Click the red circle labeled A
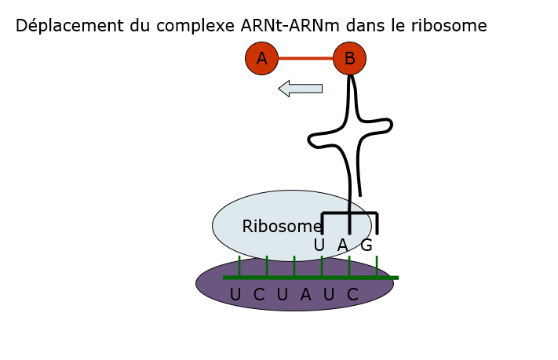pos(261,58)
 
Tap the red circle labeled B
pos(349,58)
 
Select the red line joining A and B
pos(305,58)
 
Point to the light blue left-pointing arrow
pos(301,89)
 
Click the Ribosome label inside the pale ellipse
pos(282,227)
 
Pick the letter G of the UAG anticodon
pos(367,245)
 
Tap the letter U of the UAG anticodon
pos(319,245)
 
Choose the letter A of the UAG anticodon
pos(342,245)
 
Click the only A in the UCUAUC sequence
pos(305,295)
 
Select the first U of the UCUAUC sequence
pos(235,295)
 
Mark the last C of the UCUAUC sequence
pos(352,295)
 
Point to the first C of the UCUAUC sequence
pos(259,295)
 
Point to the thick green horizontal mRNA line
pos(311,278)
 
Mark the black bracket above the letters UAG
pos(349,213)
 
